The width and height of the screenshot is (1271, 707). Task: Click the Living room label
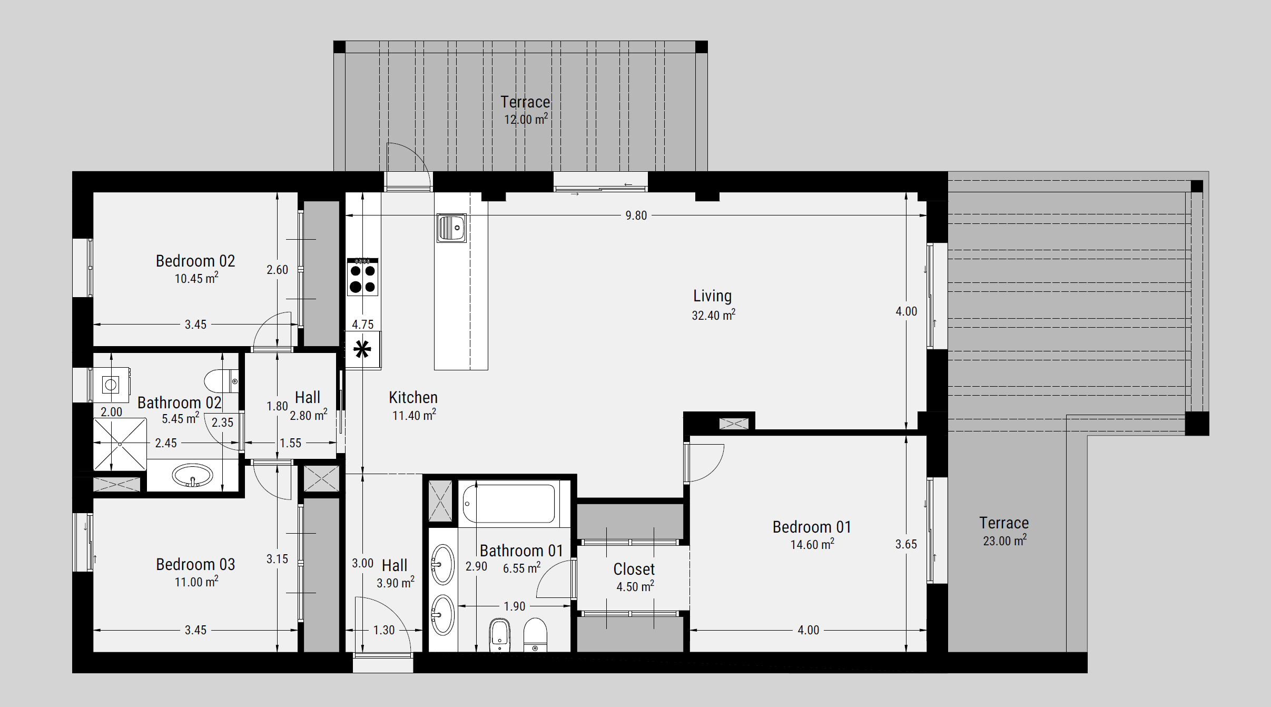coord(712,296)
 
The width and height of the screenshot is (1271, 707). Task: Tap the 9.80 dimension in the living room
coord(636,215)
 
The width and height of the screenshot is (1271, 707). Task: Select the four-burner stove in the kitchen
coord(362,277)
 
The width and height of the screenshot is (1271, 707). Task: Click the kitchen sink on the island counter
coord(451,228)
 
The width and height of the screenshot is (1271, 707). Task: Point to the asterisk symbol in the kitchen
coord(362,349)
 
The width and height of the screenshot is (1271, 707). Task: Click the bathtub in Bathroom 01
coord(509,504)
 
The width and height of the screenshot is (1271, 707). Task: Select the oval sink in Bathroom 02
coord(192,476)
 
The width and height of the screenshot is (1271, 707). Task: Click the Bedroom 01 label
coord(812,527)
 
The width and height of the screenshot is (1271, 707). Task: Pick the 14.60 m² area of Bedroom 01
coord(812,544)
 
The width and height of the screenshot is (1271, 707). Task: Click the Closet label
coord(634,569)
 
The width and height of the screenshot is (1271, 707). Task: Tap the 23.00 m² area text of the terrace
coord(1004,541)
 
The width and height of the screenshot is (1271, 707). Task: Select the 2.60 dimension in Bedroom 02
coord(277,270)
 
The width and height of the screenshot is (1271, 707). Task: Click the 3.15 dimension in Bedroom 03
coord(277,559)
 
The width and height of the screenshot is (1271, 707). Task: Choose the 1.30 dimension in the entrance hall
coord(384,630)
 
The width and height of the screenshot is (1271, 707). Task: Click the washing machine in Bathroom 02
coord(111,385)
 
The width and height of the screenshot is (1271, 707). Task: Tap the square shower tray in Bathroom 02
coord(120,444)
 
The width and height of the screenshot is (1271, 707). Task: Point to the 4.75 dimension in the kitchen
coord(362,325)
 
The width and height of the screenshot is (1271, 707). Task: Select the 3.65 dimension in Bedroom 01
coord(906,544)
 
